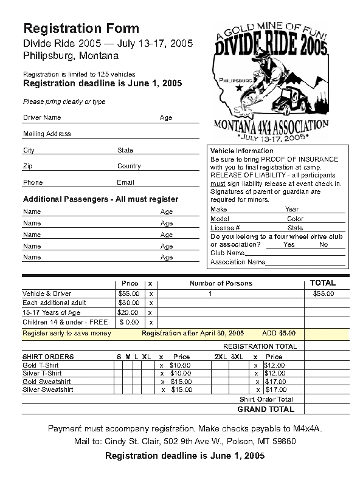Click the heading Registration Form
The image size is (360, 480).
pos(81,29)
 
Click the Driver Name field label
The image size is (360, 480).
pos(42,117)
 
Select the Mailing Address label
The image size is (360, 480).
pos(47,134)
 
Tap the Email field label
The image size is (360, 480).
pos(125,182)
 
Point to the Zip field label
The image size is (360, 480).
pos(28,166)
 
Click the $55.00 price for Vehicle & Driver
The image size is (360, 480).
pos(129,293)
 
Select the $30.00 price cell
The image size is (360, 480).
pos(129,303)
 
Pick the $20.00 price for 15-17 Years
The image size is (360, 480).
pos(128,312)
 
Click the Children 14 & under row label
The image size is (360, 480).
pos(65,322)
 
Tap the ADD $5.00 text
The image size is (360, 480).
pos(279,334)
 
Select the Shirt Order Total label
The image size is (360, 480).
pos(266,400)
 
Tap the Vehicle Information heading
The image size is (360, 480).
pos(241,151)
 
